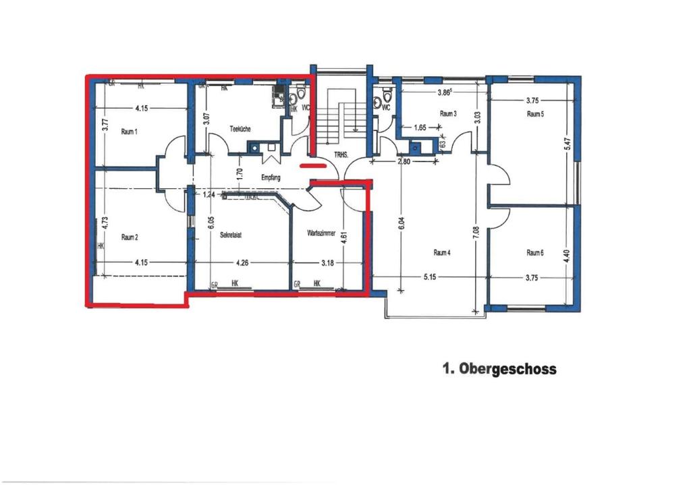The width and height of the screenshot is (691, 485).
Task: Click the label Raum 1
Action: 130,132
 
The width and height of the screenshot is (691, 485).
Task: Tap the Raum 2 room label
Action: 130,237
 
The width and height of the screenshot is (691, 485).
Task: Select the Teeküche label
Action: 240,128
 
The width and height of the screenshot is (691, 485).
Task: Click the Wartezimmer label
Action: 321,233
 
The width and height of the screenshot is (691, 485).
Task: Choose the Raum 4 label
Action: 442,253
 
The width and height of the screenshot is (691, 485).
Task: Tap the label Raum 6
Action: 535,253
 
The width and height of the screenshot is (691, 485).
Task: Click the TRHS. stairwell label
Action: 341,155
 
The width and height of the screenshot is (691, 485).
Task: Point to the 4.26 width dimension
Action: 242,263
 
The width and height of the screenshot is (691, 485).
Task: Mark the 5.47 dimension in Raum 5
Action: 567,145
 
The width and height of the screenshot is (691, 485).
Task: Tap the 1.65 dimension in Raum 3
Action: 420,127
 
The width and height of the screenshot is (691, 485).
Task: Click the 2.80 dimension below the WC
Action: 404,163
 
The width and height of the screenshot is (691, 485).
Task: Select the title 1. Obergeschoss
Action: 499,369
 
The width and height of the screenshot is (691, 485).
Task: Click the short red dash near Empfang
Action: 312,163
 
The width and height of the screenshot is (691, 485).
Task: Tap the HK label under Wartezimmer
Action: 316,284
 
